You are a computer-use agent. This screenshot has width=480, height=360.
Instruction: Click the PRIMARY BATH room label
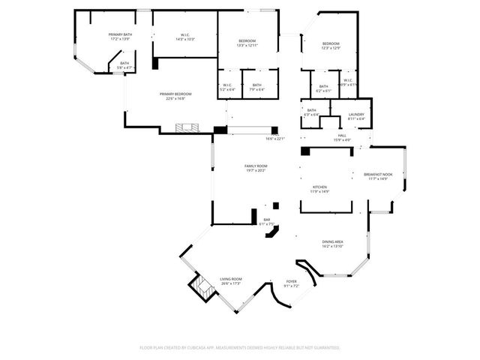[120, 35]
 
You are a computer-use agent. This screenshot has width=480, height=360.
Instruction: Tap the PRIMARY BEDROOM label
[175, 94]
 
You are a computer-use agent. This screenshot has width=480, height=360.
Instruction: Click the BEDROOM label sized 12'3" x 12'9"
[331, 45]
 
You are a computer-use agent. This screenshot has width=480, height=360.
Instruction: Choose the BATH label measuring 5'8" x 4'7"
[124, 64]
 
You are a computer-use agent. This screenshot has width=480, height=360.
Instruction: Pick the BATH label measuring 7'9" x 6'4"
[256, 86]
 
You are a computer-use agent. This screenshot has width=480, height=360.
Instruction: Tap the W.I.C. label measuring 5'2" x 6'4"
[229, 86]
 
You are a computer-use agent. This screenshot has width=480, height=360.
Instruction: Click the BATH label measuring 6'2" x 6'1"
[323, 87]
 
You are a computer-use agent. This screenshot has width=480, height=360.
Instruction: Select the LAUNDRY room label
[356, 115]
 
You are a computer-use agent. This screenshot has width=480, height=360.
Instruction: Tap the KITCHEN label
[320, 187]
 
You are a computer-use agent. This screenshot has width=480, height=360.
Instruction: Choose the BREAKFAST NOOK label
[378, 175]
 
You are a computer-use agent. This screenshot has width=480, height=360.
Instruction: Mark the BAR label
[266, 220]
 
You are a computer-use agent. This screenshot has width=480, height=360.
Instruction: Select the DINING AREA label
[332, 243]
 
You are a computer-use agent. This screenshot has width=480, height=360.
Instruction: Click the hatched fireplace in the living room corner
[198, 287]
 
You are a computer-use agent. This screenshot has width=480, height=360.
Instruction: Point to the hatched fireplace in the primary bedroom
[187, 128]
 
